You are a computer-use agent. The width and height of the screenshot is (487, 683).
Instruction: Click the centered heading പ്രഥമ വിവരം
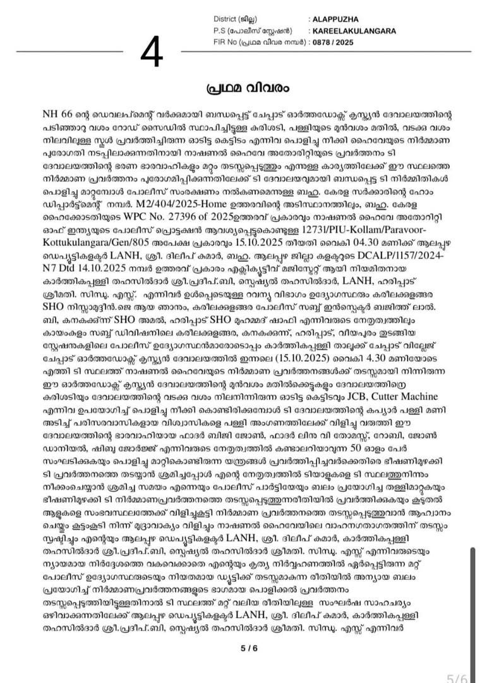pos(243,87)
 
